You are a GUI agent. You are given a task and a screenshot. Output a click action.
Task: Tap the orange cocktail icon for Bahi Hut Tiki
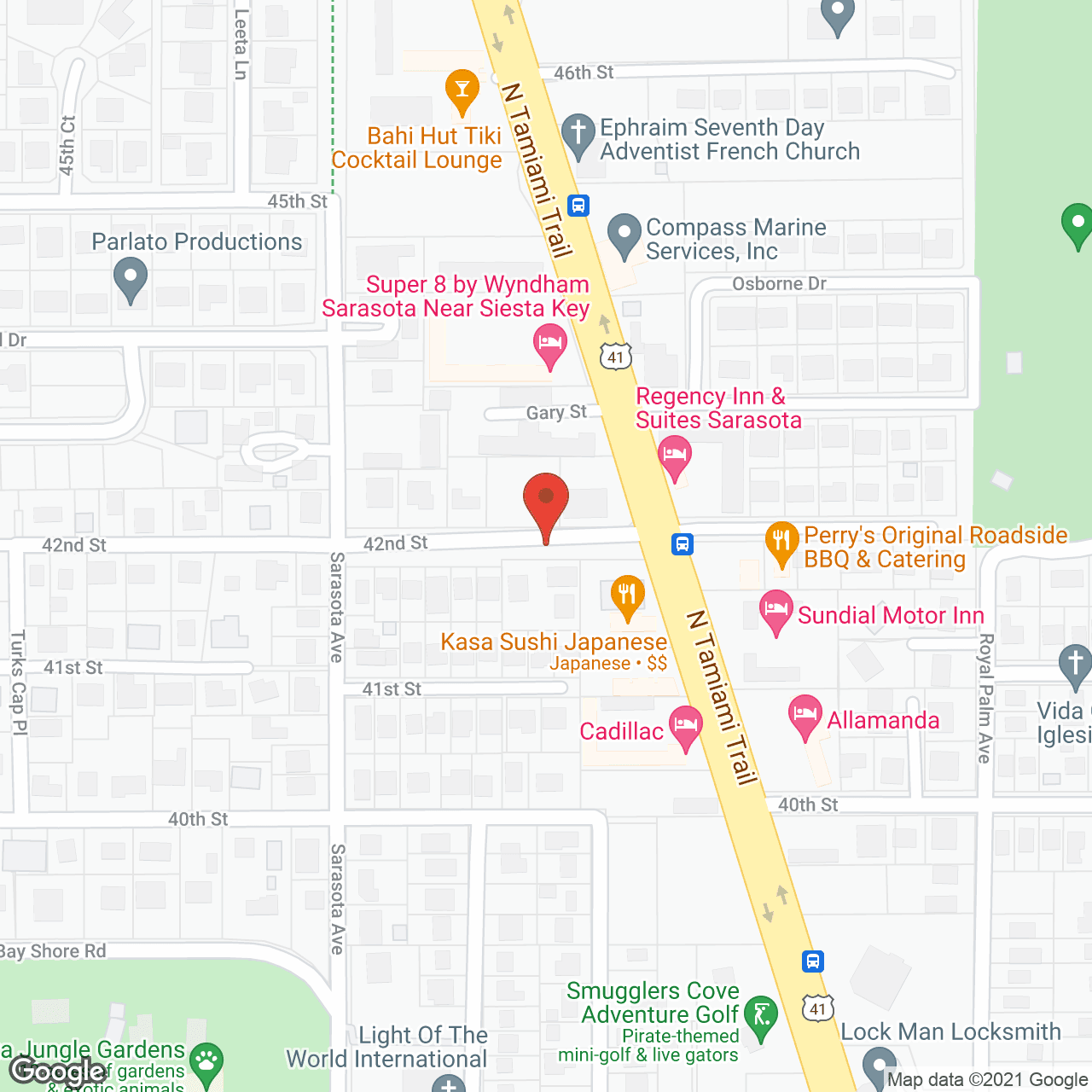point(462,90)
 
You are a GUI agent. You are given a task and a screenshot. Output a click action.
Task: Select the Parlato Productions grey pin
point(131,279)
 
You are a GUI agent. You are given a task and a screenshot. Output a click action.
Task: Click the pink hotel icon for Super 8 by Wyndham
point(550,345)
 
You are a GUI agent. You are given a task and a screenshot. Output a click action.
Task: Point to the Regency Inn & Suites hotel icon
point(675,456)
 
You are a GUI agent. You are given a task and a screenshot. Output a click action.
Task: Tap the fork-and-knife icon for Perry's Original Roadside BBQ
point(781,542)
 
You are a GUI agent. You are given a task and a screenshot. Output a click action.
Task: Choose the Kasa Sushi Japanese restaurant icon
point(627,596)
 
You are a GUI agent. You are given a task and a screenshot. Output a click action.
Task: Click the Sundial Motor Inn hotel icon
point(775,611)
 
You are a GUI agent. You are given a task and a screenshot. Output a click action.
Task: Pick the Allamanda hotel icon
point(805,716)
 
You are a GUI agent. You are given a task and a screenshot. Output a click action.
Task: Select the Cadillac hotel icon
point(685,727)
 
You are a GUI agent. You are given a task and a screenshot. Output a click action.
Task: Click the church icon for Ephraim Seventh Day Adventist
point(578,135)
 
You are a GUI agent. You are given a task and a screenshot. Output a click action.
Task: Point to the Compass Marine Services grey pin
point(624,235)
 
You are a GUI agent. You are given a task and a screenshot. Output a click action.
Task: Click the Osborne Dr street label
point(779,283)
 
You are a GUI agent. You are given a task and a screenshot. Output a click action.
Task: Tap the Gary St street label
point(556,412)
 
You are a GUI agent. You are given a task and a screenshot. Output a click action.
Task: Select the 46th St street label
point(584,73)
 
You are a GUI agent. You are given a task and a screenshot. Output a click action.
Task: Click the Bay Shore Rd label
point(53,951)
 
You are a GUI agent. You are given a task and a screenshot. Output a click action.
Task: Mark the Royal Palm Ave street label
point(985,697)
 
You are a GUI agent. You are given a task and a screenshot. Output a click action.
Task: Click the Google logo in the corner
point(58,1071)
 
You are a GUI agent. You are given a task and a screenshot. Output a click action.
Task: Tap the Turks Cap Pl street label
point(18,682)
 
